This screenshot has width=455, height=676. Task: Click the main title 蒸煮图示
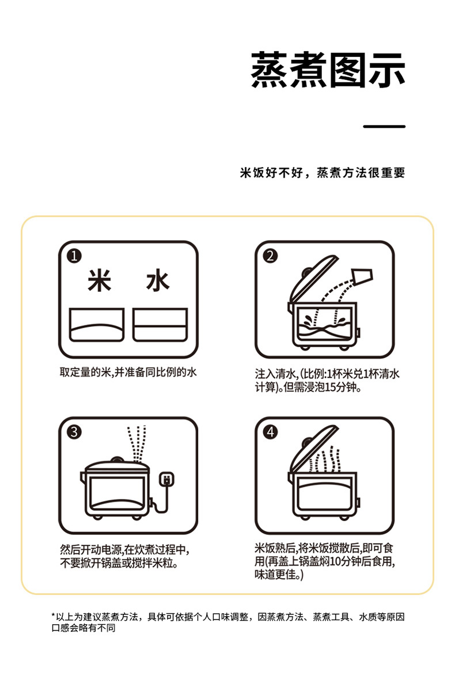[x=328, y=70]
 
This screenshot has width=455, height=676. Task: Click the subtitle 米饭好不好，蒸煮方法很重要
[x=323, y=173]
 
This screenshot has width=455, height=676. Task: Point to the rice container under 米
[x=97, y=325]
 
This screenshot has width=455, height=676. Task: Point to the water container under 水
[x=160, y=325]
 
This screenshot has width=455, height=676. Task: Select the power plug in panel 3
[x=166, y=479]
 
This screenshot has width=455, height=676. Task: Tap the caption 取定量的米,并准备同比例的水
[x=128, y=373]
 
